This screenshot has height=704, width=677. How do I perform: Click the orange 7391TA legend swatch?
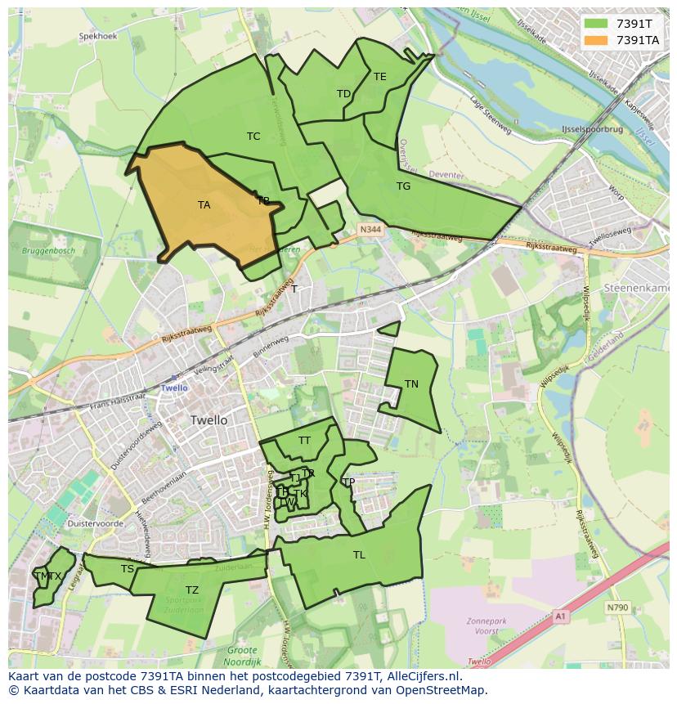pyautogui.click(x=597, y=40)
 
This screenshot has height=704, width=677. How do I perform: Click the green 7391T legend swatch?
pyautogui.click(x=597, y=24)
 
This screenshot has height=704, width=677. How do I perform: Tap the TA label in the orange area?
pyautogui.click(x=204, y=205)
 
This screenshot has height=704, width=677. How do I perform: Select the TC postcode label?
pyautogui.click(x=253, y=137)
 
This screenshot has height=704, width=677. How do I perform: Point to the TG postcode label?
pyautogui.click(x=403, y=186)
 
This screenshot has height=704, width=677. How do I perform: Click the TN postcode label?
pyautogui.click(x=411, y=384)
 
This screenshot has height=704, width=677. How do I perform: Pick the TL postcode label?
pyautogui.click(x=359, y=555)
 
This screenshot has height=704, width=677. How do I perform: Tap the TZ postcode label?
pyautogui.click(x=191, y=590)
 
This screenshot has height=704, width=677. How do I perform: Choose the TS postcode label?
pyautogui.click(x=127, y=569)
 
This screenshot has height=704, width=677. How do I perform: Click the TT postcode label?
pyautogui.click(x=304, y=441)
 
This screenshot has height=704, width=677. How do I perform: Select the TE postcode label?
pyautogui.click(x=379, y=77)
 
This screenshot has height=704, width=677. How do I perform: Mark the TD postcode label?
pyautogui.click(x=343, y=94)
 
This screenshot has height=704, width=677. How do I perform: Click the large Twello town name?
pyautogui.click(x=208, y=420)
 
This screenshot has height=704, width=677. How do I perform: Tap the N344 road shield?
pyautogui.click(x=370, y=231)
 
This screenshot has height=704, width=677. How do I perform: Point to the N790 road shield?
pyautogui.click(x=617, y=608)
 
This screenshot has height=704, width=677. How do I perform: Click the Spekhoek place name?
pyautogui.click(x=98, y=37)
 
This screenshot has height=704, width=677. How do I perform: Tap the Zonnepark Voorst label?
pyautogui.click(x=486, y=626)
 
